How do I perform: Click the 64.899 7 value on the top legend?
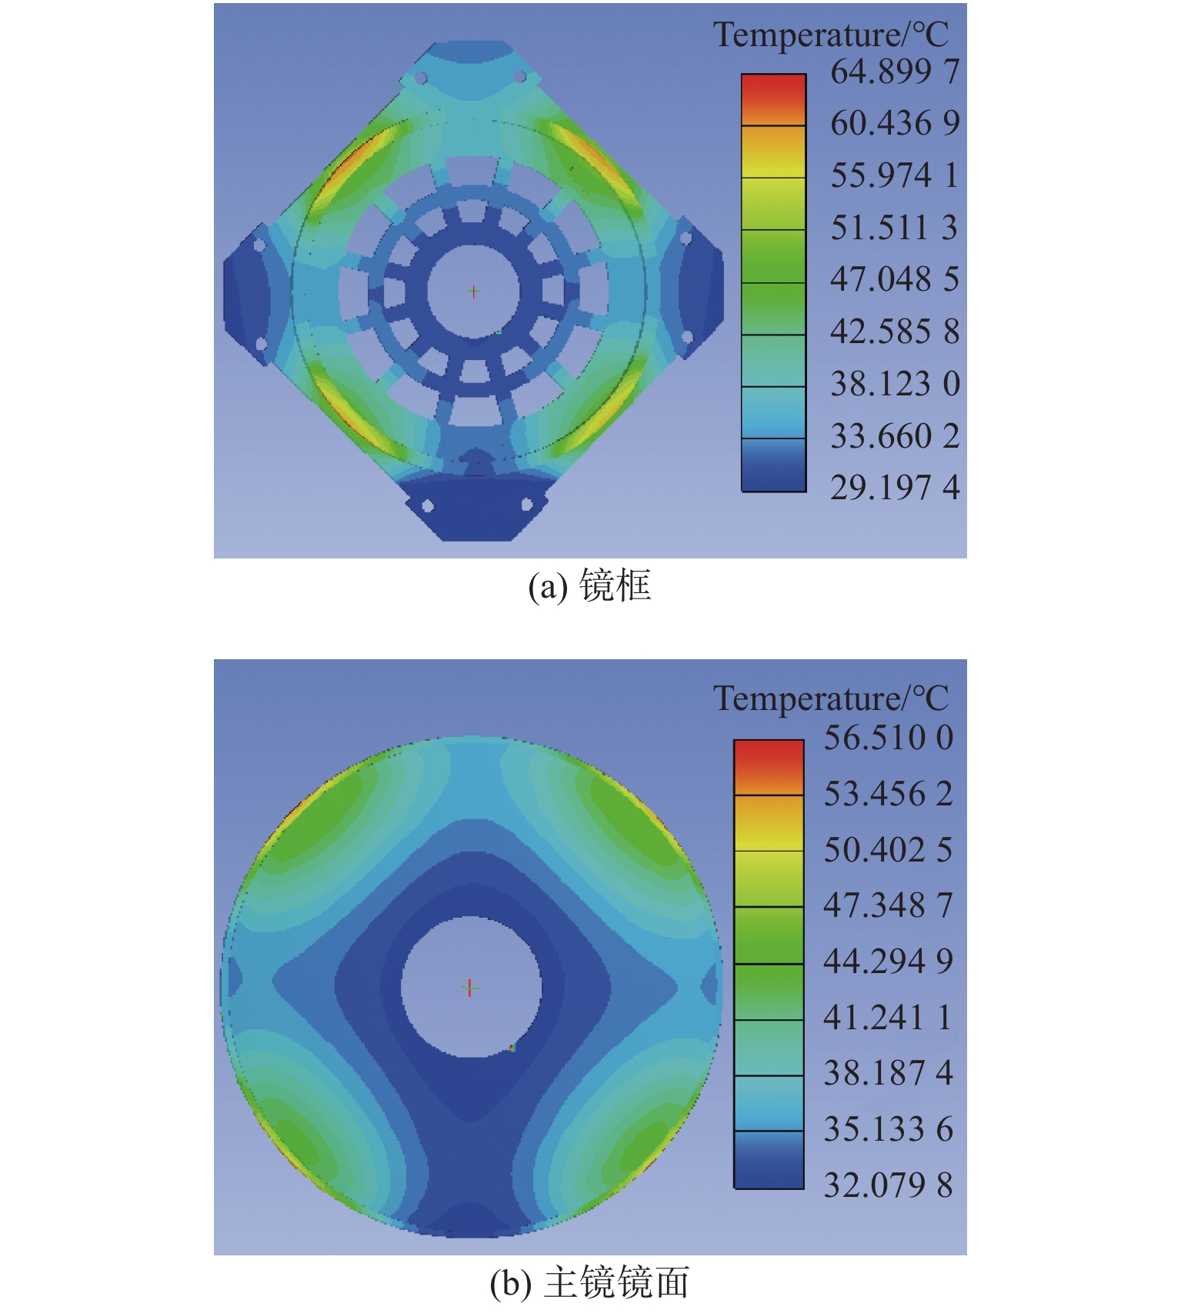(895, 72)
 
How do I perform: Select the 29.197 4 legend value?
(895, 488)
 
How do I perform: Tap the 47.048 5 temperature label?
(895, 279)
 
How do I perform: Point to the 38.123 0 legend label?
(895, 384)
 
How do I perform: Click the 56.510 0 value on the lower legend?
(889, 738)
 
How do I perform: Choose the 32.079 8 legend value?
(889, 1185)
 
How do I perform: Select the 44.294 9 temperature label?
(889, 962)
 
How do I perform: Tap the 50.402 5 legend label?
(889, 850)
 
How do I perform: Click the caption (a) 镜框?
(589, 586)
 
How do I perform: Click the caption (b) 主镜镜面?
(589, 1283)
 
